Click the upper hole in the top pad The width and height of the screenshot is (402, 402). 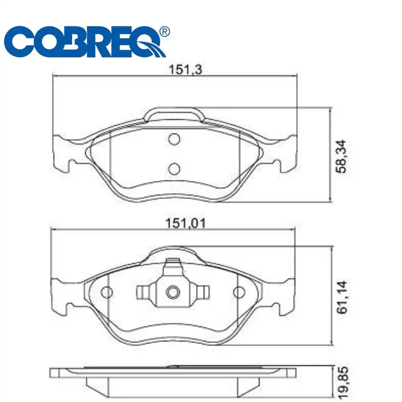point(174,139)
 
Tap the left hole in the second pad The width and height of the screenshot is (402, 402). point(107,292)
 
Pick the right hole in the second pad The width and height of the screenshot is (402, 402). point(239,292)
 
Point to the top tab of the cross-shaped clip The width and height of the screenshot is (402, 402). point(173,265)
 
